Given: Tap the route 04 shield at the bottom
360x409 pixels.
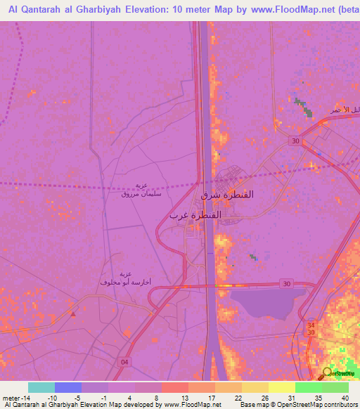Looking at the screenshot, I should [x=124, y=361].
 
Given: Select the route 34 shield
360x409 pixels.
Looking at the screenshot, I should [x=311, y=325].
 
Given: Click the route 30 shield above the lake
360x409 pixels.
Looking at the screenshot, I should [x=285, y=283].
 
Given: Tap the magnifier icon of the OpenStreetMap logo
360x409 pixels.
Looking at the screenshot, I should [x=327, y=373].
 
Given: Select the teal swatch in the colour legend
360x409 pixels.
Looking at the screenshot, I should [x=41, y=387].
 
